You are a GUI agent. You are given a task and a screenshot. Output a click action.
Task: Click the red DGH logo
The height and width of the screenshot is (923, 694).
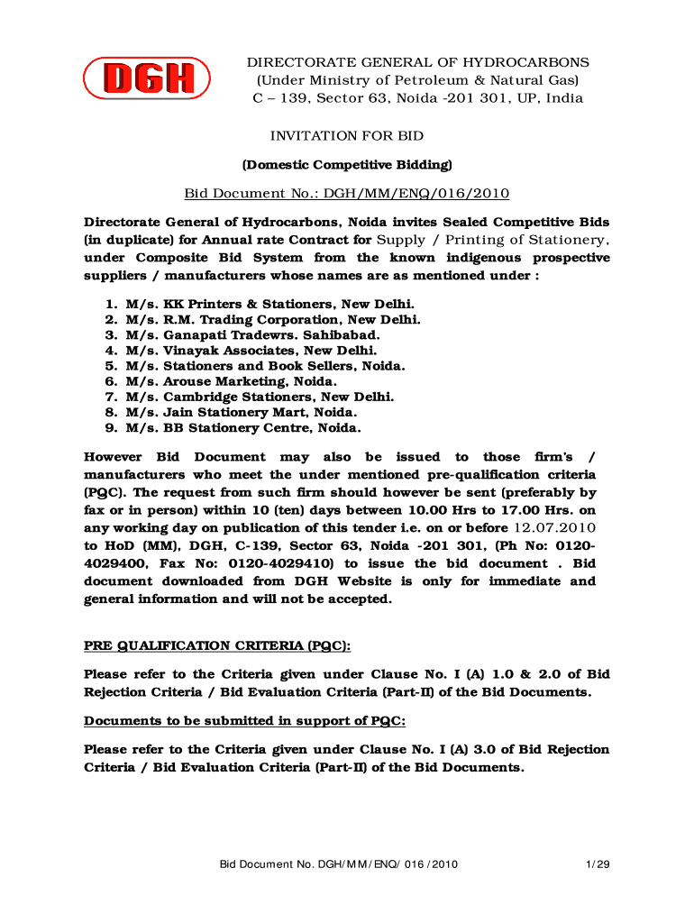(x=147, y=78)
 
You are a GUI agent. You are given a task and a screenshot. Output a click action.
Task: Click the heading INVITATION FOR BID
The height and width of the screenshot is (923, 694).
(x=347, y=136)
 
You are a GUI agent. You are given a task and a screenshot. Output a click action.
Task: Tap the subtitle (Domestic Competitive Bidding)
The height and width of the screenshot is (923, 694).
(x=347, y=165)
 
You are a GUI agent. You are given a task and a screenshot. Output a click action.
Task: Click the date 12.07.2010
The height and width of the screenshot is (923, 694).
(x=553, y=528)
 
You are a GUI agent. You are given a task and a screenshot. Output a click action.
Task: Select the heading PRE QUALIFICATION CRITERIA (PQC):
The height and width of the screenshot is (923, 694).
(x=217, y=646)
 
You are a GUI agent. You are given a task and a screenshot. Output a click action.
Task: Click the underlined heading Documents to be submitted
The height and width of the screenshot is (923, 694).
(x=244, y=721)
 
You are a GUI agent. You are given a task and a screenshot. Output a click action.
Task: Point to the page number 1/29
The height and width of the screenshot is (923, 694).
(x=598, y=865)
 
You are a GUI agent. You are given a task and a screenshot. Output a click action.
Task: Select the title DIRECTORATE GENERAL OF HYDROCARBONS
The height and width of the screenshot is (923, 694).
(x=418, y=62)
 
